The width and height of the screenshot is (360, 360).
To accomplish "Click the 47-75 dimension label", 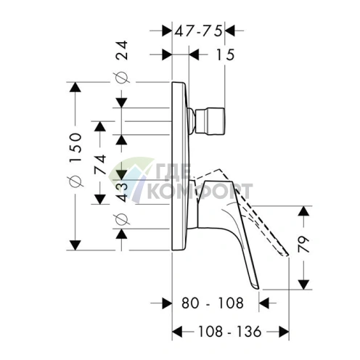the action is [198, 31].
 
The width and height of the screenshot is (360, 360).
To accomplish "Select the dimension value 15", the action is [225, 54].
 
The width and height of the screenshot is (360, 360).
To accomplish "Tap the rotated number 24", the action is [122, 50].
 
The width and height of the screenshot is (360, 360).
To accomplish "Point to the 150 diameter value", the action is [75, 147].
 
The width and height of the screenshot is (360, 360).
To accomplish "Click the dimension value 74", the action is [100, 165].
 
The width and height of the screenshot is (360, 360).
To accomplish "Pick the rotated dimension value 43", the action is [122, 192].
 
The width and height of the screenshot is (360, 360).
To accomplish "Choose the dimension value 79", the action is [304, 244].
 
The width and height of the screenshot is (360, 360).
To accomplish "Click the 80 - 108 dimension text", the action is [212, 303].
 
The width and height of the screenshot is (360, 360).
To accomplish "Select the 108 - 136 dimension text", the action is [229, 331].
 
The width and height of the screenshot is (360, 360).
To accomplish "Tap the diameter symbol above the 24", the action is [122, 78].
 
